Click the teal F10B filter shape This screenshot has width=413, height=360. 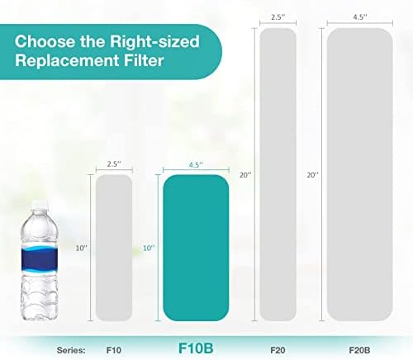(x=196, y=247)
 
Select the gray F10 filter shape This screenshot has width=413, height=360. (x=114, y=247)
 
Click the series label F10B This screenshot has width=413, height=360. (x=197, y=347)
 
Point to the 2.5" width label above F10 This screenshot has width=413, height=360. (x=114, y=163)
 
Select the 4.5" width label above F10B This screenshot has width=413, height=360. (x=196, y=164)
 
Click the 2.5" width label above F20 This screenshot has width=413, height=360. (x=278, y=16)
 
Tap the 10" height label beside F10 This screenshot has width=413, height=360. (x=80, y=247)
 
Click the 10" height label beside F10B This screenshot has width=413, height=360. (x=148, y=247)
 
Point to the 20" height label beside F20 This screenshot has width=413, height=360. (x=243, y=174)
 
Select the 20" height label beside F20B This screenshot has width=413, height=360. (x=312, y=174)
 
